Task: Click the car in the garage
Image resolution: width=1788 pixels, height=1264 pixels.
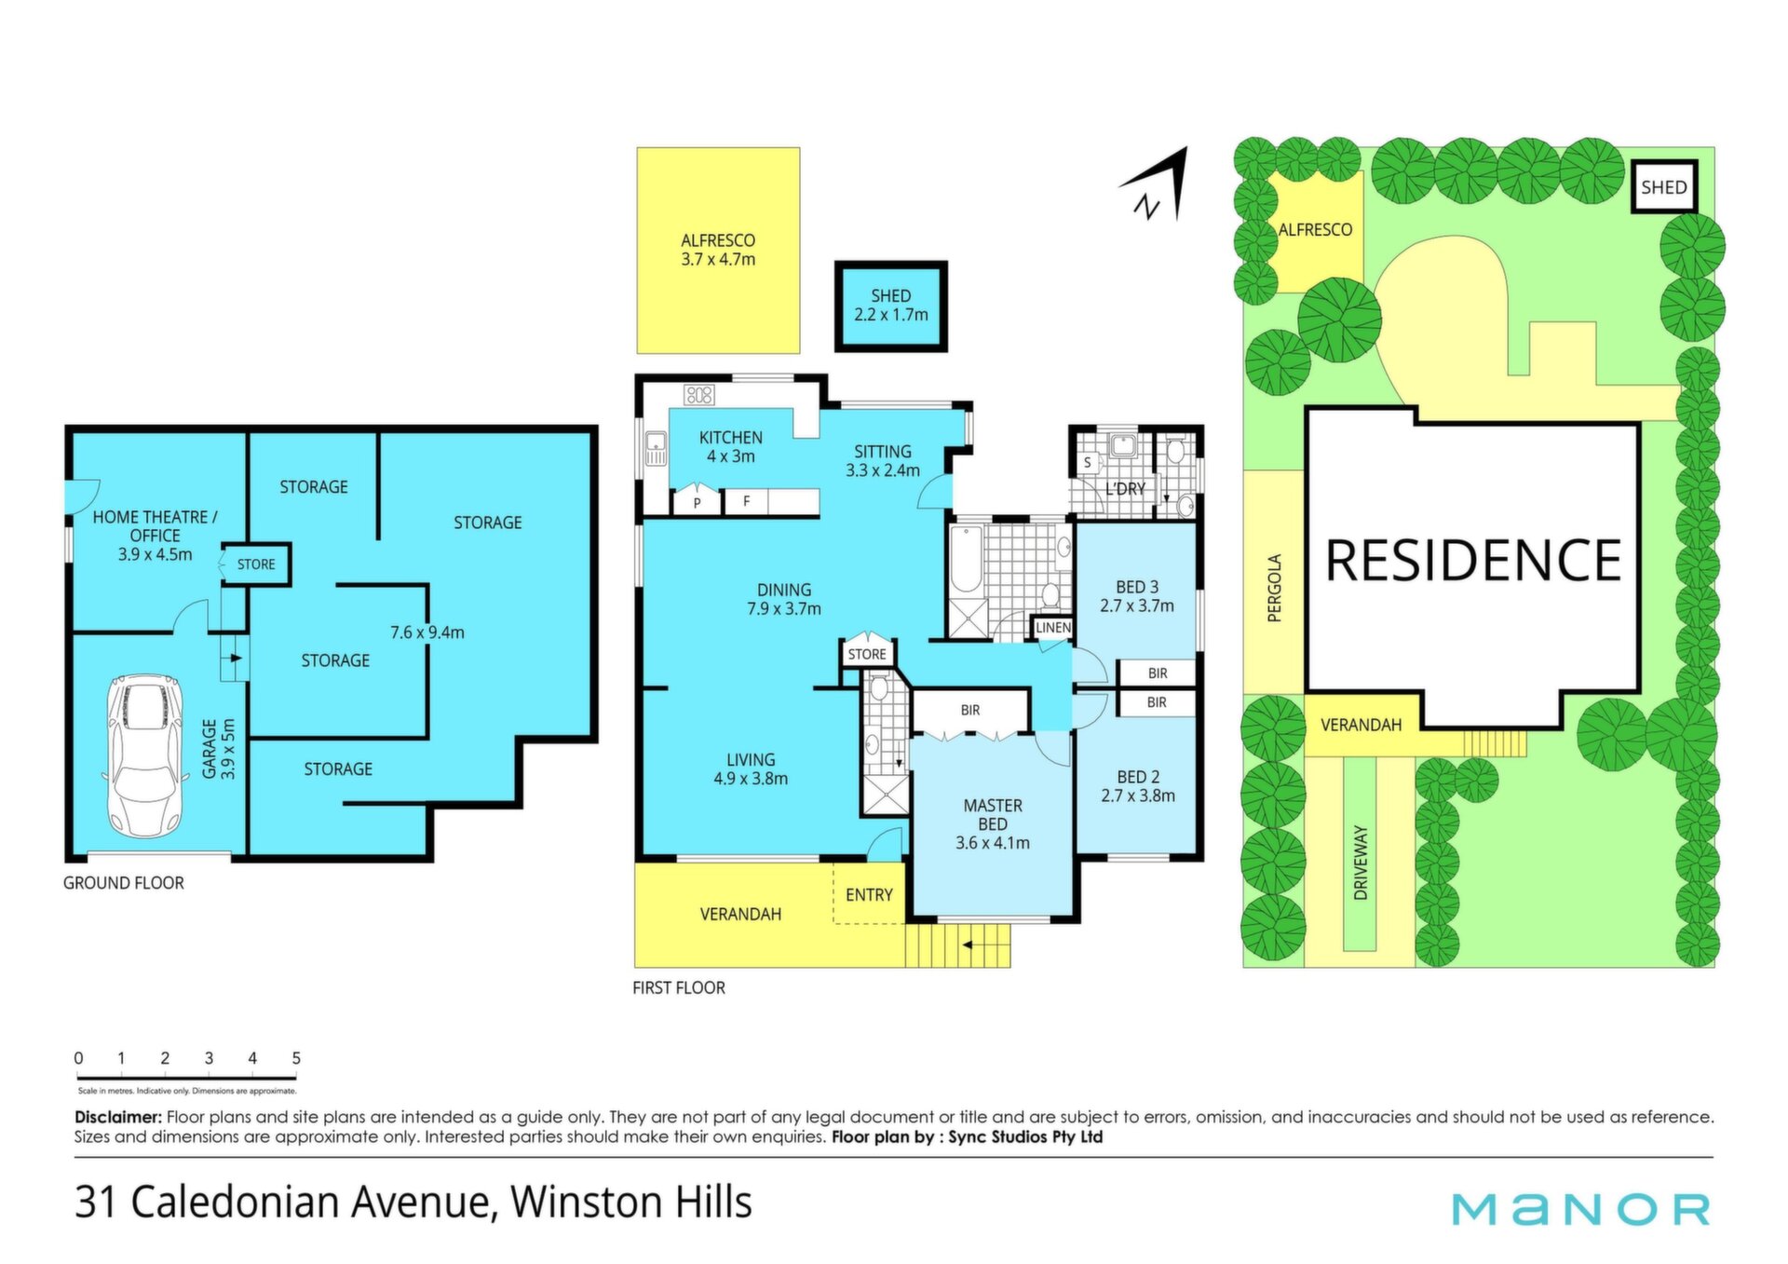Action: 144,755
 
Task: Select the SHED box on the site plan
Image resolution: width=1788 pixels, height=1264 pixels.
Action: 1663,187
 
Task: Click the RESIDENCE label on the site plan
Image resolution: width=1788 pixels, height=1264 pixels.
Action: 1472,560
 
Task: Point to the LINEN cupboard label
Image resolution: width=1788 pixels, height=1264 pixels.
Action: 1053,628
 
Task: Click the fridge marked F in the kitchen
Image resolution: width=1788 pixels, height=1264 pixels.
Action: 746,502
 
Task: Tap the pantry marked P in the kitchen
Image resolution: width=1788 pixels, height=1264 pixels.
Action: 697,503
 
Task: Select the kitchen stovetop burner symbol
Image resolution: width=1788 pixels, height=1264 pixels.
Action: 698,395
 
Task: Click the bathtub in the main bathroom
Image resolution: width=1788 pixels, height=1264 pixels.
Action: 966,560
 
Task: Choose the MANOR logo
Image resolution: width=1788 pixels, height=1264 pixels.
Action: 1580,1209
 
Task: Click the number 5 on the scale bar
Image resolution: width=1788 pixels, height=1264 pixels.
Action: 296,1058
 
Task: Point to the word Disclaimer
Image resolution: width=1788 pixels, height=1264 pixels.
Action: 118,1117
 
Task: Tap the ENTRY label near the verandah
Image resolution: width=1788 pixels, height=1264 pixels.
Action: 869,895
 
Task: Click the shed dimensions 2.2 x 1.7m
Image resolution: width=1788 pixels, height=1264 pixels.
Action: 891,315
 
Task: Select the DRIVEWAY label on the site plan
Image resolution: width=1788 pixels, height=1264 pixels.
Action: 1361,863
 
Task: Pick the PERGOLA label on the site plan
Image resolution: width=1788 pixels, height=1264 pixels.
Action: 1275,588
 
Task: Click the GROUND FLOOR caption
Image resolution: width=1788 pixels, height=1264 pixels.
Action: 124,883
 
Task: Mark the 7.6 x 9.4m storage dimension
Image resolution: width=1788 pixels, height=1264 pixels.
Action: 427,632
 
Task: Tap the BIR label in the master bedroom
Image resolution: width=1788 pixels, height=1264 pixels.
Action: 970,710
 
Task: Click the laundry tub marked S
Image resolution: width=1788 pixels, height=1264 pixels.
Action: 1087,463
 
